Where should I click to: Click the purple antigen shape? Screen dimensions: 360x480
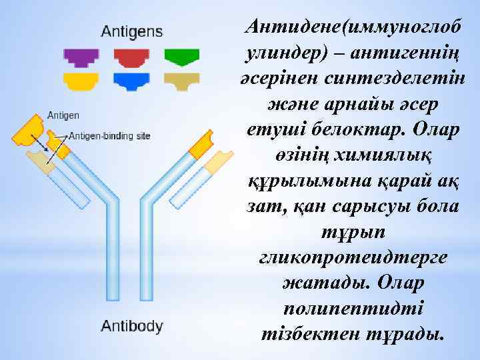click(x=81, y=57)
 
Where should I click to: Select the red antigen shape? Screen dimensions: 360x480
click(x=131, y=57)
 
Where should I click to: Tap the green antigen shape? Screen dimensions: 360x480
click(x=182, y=57)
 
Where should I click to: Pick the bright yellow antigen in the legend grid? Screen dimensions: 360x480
click(x=81, y=81)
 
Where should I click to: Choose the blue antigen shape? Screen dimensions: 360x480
click(x=131, y=81)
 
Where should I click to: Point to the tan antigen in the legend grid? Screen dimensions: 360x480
click(x=182, y=81)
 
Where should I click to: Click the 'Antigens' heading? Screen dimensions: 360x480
click(x=131, y=31)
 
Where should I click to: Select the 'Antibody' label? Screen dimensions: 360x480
click(x=132, y=327)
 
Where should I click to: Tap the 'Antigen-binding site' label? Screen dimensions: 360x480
click(x=110, y=136)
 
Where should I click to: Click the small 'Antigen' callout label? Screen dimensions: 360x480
click(x=63, y=115)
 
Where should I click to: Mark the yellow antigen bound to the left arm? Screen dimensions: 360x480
click(x=29, y=130)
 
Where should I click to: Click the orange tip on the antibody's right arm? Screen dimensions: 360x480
click(x=202, y=144)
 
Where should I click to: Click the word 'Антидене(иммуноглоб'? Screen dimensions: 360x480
click(x=353, y=27)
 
